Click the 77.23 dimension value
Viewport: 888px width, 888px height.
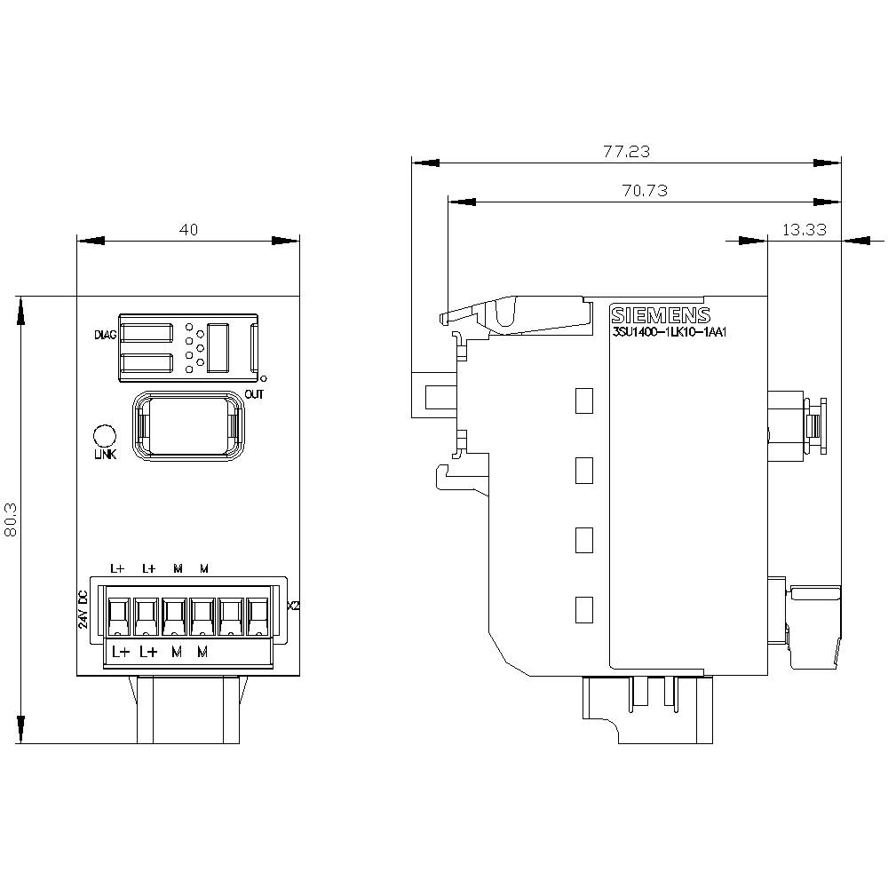click(626, 152)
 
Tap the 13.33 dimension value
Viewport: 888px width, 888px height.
click(804, 229)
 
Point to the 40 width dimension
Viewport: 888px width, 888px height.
click(188, 229)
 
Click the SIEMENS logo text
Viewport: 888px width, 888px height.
click(661, 316)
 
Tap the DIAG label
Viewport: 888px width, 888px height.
click(106, 336)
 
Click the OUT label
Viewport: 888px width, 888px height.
click(254, 392)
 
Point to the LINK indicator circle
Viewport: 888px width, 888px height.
click(105, 436)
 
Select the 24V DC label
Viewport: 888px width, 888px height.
click(83, 609)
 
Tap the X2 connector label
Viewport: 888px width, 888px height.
click(294, 607)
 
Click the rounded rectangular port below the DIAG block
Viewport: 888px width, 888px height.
click(187, 427)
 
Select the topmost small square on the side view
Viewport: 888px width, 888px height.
click(583, 400)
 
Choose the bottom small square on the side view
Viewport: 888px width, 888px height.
click(583, 609)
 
